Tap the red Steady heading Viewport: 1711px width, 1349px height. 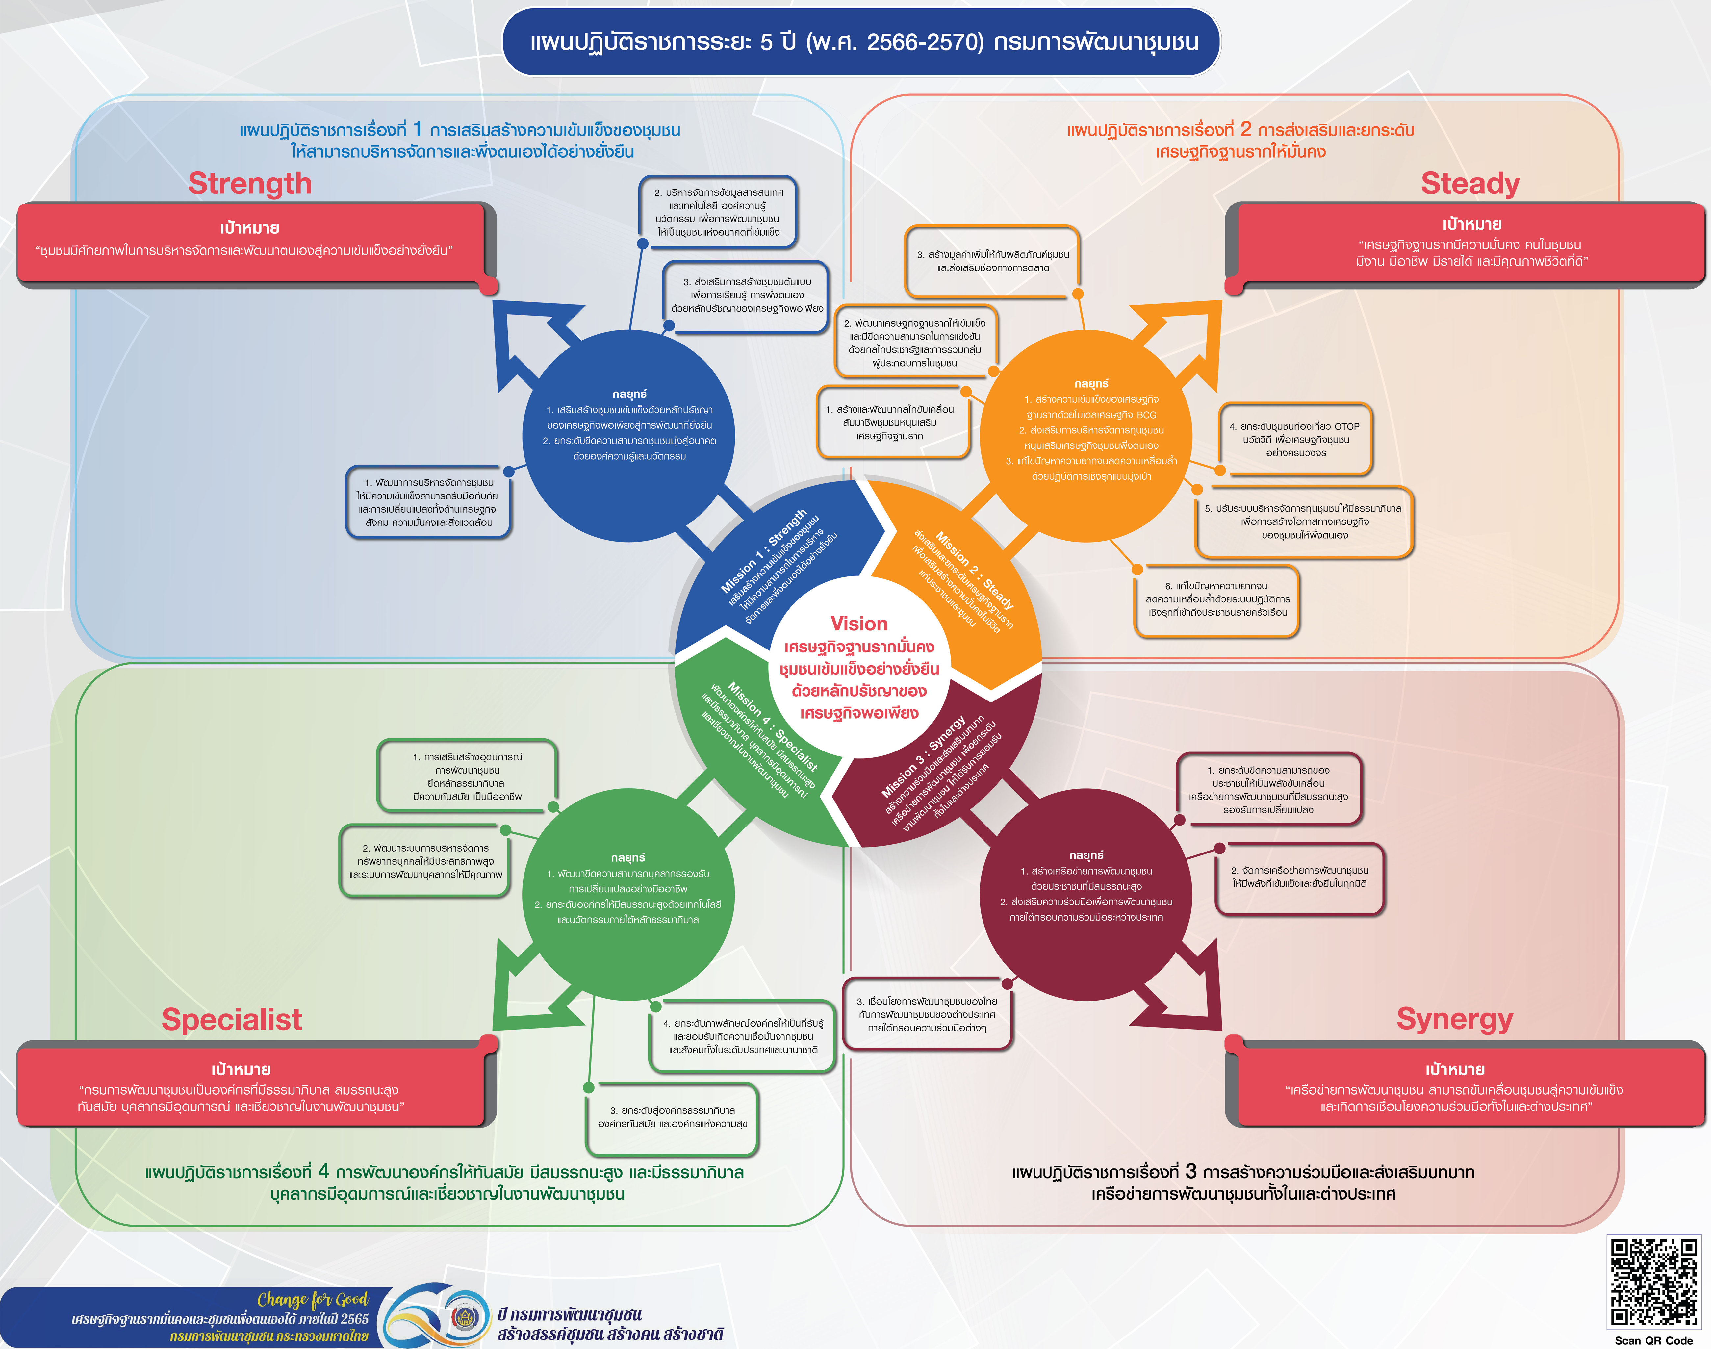click(1470, 183)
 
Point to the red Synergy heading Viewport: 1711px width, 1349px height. click(1454, 1019)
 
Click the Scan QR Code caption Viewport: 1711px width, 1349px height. click(1653, 1340)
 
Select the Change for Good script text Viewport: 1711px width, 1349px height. click(313, 1299)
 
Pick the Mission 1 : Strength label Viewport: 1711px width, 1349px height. click(763, 550)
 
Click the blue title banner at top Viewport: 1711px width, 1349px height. click(861, 42)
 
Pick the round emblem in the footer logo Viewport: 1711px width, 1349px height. click(465, 1317)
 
